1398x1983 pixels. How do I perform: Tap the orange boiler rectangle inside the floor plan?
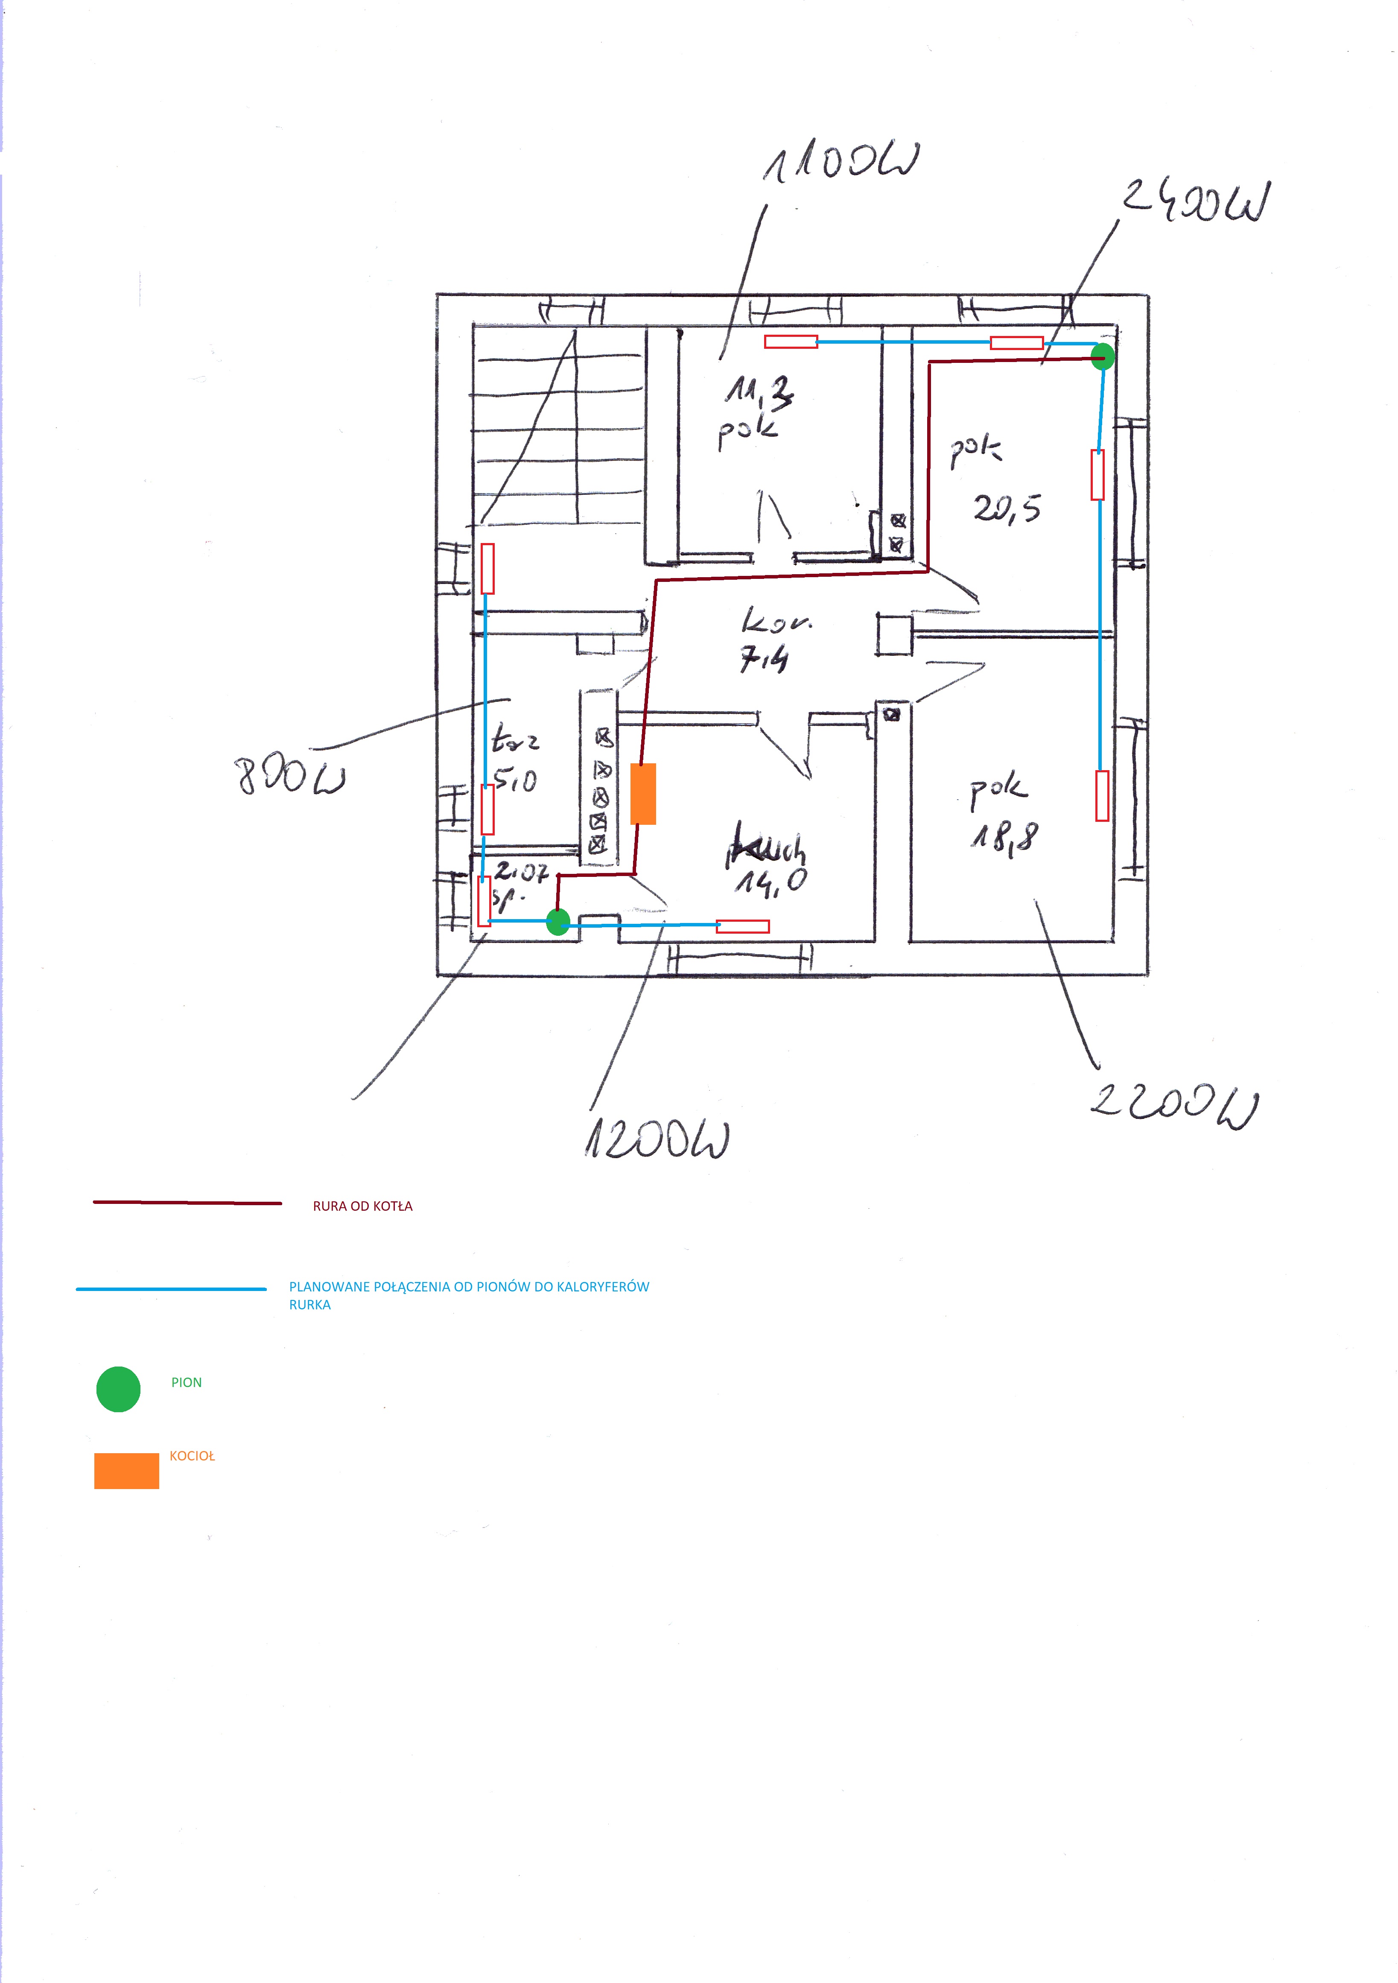(643, 793)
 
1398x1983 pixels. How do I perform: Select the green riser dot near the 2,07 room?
(559, 922)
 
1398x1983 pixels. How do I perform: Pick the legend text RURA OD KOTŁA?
(363, 1206)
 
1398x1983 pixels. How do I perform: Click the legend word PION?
(187, 1382)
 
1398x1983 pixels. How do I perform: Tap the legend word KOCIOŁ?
(192, 1455)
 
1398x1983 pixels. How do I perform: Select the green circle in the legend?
(118, 1389)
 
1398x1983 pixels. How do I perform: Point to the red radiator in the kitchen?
(743, 926)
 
